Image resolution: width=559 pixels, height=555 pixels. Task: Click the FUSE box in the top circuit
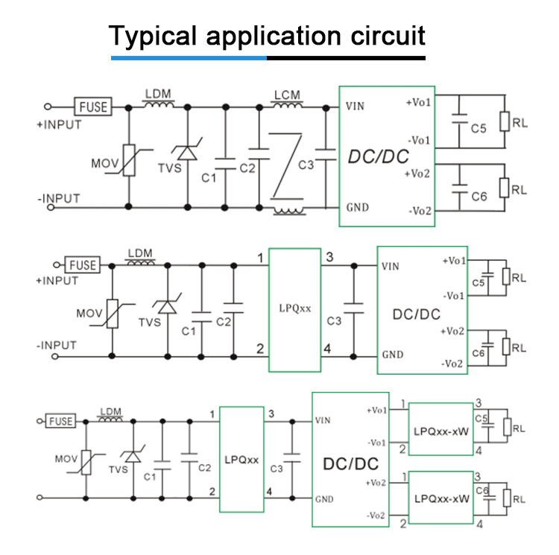pyautogui.click(x=92, y=107)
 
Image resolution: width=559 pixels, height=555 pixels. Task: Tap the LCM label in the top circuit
pyautogui.click(x=286, y=95)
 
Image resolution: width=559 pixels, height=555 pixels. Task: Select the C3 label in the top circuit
pyautogui.click(x=306, y=165)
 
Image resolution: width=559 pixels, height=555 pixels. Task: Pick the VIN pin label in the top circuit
pyautogui.click(x=355, y=107)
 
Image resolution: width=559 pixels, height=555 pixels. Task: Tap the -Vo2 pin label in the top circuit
pyautogui.click(x=419, y=211)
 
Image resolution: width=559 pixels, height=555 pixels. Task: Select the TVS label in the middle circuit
pyautogui.click(x=150, y=322)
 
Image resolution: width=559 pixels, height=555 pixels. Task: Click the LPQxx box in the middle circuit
pyautogui.click(x=294, y=309)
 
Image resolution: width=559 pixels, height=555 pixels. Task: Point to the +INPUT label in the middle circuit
pyautogui.click(x=57, y=281)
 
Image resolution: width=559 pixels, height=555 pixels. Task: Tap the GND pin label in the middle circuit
pyautogui.click(x=393, y=355)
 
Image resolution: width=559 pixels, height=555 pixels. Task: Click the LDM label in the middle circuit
pyautogui.click(x=139, y=253)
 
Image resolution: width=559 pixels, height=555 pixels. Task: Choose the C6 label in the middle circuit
pyautogui.click(x=479, y=352)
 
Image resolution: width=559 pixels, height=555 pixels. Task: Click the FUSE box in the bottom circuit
pyautogui.click(x=60, y=421)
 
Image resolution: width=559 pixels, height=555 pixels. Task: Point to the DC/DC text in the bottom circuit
pyautogui.click(x=350, y=463)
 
